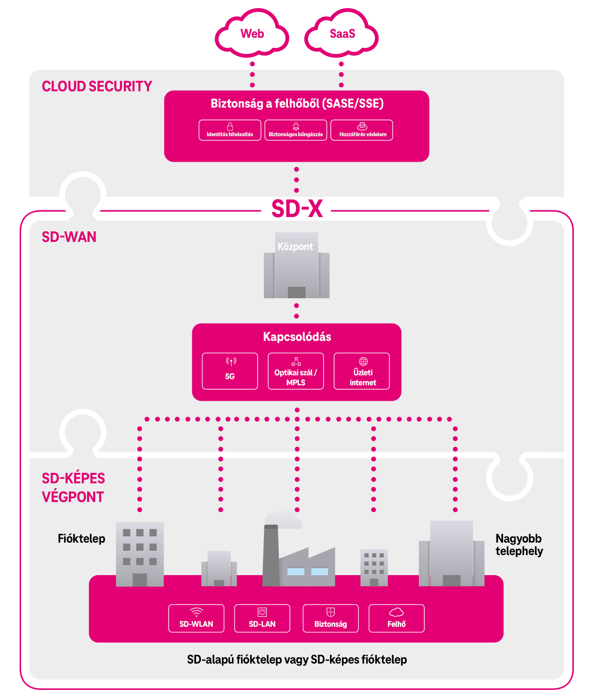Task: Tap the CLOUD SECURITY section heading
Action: click(x=97, y=87)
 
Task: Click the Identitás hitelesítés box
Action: click(x=230, y=130)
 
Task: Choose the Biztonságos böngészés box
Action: click(x=296, y=130)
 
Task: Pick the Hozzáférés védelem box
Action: click(x=362, y=130)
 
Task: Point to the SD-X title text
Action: click(x=297, y=208)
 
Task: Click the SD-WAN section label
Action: click(x=69, y=237)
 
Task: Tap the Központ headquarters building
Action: click(x=296, y=268)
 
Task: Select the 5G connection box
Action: click(x=230, y=371)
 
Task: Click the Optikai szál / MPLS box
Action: click(x=296, y=371)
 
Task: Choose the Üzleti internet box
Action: click(x=362, y=371)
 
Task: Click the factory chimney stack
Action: click(x=271, y=555)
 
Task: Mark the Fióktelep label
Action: click(x=81, y=539)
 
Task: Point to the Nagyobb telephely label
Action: click(x=519, y=545)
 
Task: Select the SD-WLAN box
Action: click(x=196, y=618)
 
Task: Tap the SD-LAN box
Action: click(x=262, y=618)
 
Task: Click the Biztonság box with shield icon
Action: click(x=330, y=618)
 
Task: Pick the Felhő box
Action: click(x=396, y=618)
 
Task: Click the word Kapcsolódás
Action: click(x=297, y=337)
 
